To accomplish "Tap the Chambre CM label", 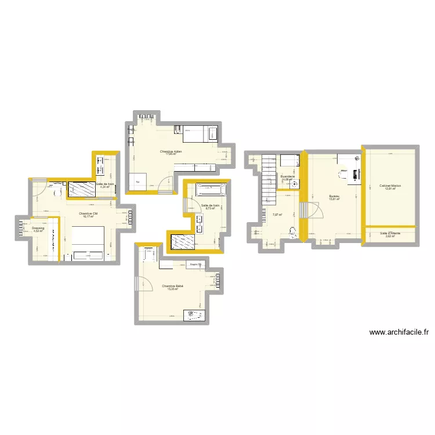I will pos(88,213).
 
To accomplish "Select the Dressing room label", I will pos(38,229).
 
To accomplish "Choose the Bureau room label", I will pos(333,197).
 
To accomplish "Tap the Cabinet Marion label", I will pos(390,186).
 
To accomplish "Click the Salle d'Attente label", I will pos(390,234).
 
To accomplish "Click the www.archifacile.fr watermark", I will pos(399,333).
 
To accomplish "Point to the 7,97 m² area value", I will pos(277,215).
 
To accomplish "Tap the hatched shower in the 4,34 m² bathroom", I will pos(83,188).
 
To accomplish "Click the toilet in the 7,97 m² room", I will pos(292,233).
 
